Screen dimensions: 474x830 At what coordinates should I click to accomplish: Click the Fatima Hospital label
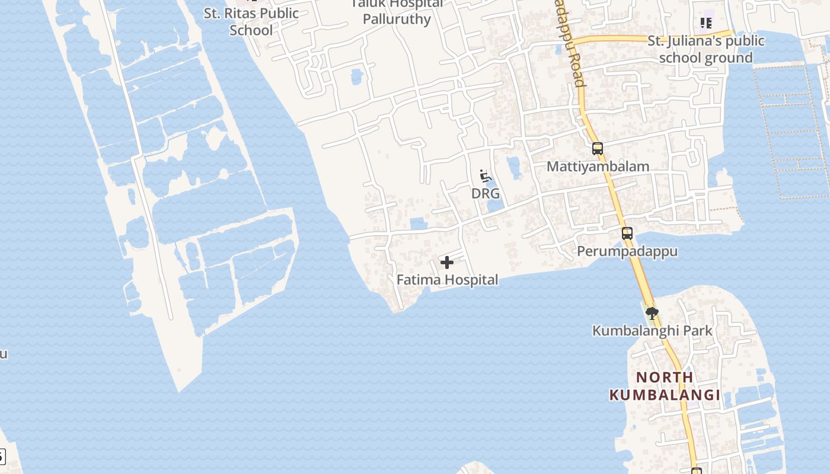tap(447, 280)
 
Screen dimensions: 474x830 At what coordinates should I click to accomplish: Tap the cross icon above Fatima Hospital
tap(447, 262)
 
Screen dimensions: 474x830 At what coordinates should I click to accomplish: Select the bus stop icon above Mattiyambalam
tap(598, 149)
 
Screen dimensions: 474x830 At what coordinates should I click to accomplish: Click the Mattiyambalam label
tap(598, 166)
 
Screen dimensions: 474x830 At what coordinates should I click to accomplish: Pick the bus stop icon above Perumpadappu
tap(627, 233)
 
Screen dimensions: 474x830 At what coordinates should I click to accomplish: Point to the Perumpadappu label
tap(627, 251)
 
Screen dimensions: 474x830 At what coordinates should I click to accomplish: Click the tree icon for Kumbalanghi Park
tap(652, 313)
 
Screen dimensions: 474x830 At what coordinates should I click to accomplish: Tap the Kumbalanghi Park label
tap(652, 331)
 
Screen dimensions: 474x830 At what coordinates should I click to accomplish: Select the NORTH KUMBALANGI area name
tap(665, 386)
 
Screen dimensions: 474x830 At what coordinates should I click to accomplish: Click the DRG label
tap(486, 194)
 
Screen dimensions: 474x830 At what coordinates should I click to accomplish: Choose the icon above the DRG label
tap(486, 176)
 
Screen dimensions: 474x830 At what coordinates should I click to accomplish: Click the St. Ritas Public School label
tap(251, 21)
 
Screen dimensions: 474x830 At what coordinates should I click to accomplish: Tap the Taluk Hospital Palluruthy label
tap(397, 12)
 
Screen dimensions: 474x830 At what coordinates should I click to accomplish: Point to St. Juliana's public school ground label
tap(705, 49)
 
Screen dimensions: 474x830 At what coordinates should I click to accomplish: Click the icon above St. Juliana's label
tap(705, 23)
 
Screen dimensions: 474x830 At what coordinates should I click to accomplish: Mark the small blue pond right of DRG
tap(513, 166)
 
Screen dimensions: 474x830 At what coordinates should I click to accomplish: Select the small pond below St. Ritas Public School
tap(356, 76)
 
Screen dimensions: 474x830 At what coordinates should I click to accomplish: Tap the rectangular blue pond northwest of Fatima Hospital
tap(418, 223)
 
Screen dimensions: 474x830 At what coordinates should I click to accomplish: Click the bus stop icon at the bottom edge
tap(697, 471)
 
